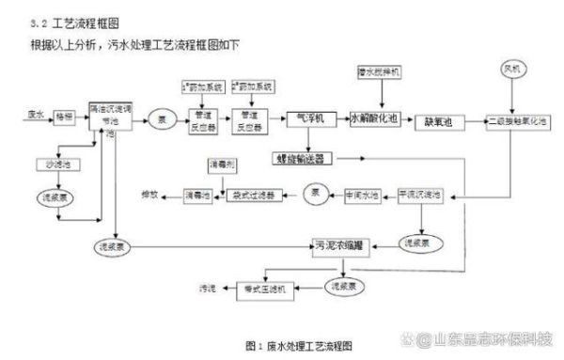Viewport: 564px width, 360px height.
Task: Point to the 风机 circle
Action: [x=513, y=70]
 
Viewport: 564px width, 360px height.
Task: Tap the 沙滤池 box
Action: [x=47, y=164]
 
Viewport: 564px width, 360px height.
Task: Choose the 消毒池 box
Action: [x=184, y=195]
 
